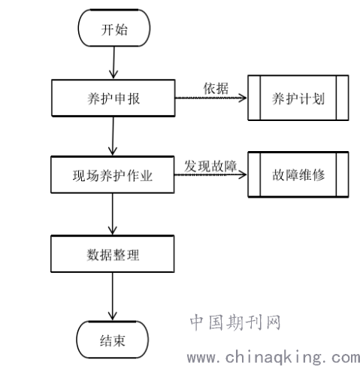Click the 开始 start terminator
coord(114,28)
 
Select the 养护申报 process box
coord(113,98)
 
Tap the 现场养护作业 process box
coord(113,175)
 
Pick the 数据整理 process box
coord(113,254)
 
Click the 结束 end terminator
coord(113,340)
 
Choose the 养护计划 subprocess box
coord(298,98)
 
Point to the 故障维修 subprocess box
coord(298,174)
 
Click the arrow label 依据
coord(216,88)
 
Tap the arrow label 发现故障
coord(210,166)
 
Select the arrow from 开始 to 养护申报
coord(113,63)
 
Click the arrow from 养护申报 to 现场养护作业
coord(113,136)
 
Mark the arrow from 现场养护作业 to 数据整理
coord(113,214)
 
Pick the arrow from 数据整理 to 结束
coord(113,297)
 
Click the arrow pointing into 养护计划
coord(211,98)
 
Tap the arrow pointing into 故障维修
coord(210,174)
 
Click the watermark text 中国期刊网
coord(235,322)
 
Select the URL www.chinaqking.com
coord(274,357)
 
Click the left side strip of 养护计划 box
coord(254,98)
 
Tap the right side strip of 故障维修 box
coord(342,174)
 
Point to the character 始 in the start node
coord(121,30)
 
